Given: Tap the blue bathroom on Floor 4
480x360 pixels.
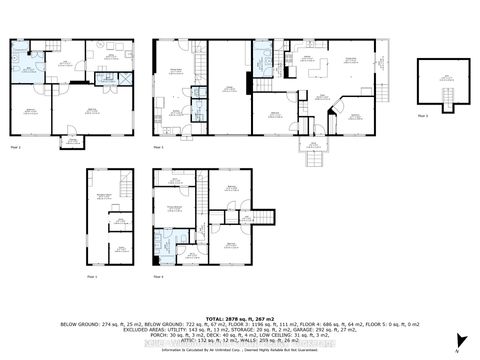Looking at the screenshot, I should tap(163, 241).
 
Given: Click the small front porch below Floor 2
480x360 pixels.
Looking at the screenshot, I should tap(73, 142).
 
